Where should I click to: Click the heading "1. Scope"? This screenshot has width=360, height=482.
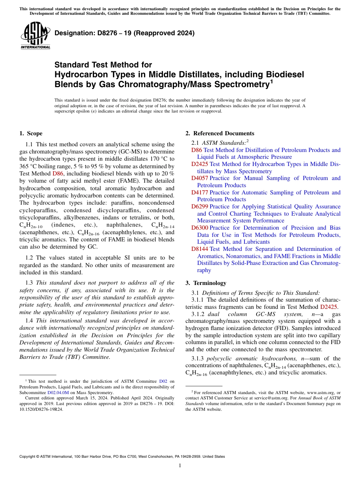31,133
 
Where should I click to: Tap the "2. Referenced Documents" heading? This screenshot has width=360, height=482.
220,133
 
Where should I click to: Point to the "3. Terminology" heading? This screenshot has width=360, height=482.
206,283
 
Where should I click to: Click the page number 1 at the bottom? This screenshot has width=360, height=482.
180,466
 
